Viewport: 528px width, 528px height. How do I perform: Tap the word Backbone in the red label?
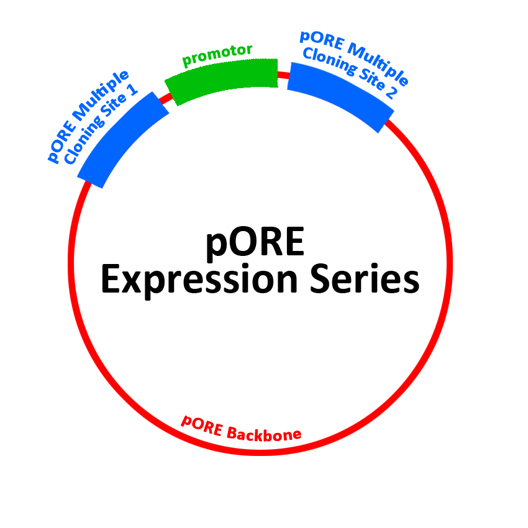point(264,434)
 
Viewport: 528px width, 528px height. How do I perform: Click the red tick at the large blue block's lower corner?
point(389,127)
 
